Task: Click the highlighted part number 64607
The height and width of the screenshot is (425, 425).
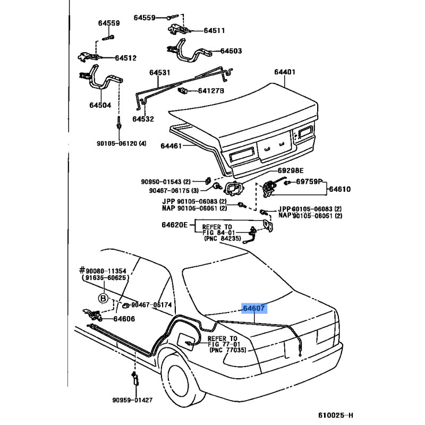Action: (254, 308)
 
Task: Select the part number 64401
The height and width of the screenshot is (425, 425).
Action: (285, 73)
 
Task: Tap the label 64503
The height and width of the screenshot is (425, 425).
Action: (231, 52)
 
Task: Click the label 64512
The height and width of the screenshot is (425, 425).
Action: (125, 58)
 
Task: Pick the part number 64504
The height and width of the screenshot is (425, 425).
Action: (100, 105)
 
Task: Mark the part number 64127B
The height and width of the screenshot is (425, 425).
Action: (211, 91)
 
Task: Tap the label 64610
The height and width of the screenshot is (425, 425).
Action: (339, 189)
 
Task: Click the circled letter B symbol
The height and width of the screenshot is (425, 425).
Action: (104, 296)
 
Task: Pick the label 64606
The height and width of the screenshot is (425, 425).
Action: (124, 319)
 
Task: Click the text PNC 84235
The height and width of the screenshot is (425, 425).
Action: (223, 239)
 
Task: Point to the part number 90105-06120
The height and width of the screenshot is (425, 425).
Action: (120, 143)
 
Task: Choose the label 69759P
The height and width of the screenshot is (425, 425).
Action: (309, 182)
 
